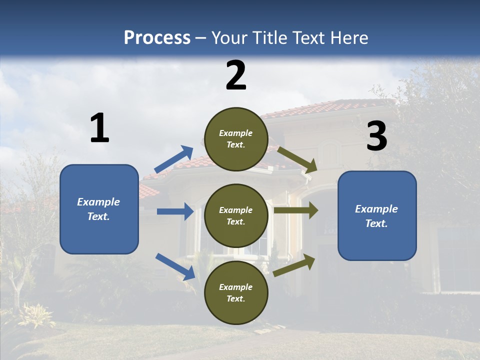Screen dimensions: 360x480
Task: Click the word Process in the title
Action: [x=157, y=38]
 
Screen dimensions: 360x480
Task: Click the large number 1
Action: [x=99, y=128]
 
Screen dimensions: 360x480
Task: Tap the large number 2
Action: [x=236, y=75]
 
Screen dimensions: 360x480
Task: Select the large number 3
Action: [x=376, y=136]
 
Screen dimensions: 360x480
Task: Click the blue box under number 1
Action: [x=99, y=209]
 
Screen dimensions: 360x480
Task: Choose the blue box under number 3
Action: [x=377, y=215]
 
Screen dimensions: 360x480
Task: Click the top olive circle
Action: [x=236, y=139]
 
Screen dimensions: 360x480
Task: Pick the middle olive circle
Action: [x=236, y=215]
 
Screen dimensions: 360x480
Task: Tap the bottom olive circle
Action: [x=236, y=292]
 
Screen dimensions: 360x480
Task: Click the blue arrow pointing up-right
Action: [x=174, y=159]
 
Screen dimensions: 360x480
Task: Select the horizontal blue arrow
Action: [x=175, y=211]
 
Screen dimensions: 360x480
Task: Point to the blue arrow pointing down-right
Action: [x=175, y=266]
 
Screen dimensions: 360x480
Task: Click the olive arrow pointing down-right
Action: [x=297, y=159]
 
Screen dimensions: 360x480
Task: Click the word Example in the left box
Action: [x=98, y=202]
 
